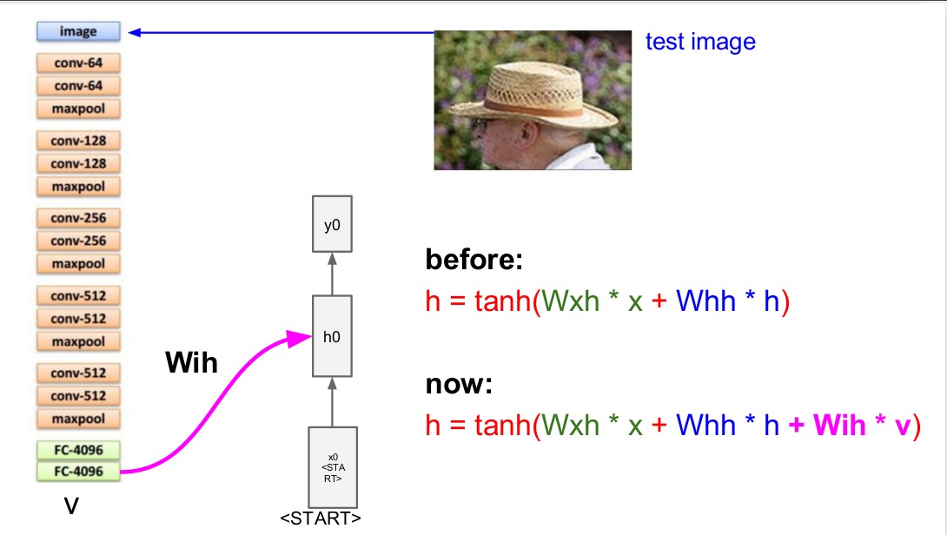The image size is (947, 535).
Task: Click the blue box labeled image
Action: click(x=77, y=32)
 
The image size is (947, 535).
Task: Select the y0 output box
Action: click(x=332, y=226)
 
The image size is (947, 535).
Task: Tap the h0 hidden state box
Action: click(x=332, y=336)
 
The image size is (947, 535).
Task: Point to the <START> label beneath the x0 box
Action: click(x=321, y=519)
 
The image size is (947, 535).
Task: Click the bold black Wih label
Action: click(x=191, y=363)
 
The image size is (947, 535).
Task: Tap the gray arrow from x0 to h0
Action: click(x=332, y=401)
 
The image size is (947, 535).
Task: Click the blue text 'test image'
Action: click(x=700, y=42)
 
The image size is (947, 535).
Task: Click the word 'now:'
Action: click(x=459, y=384)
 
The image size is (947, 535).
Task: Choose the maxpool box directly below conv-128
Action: click(x=77, y=186)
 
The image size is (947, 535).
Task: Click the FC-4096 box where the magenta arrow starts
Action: click(x=77, y=472)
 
